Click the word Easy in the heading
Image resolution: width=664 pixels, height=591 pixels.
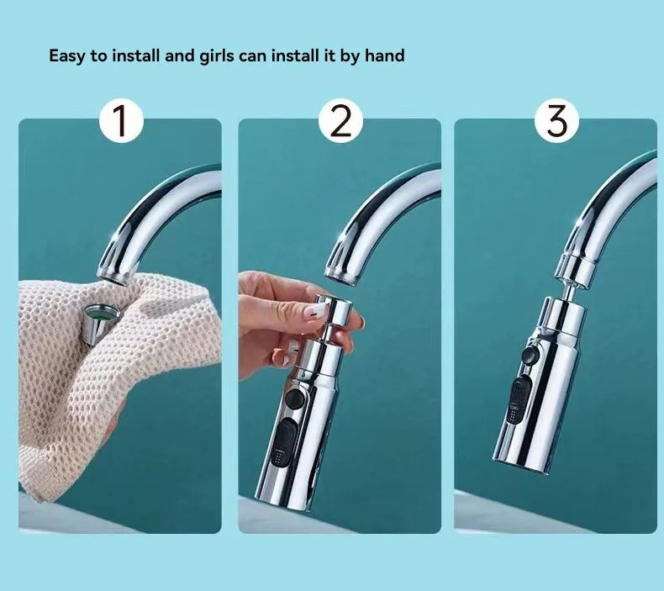[x=66, y=56]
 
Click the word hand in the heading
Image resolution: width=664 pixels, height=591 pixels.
[x=385, y=56]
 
